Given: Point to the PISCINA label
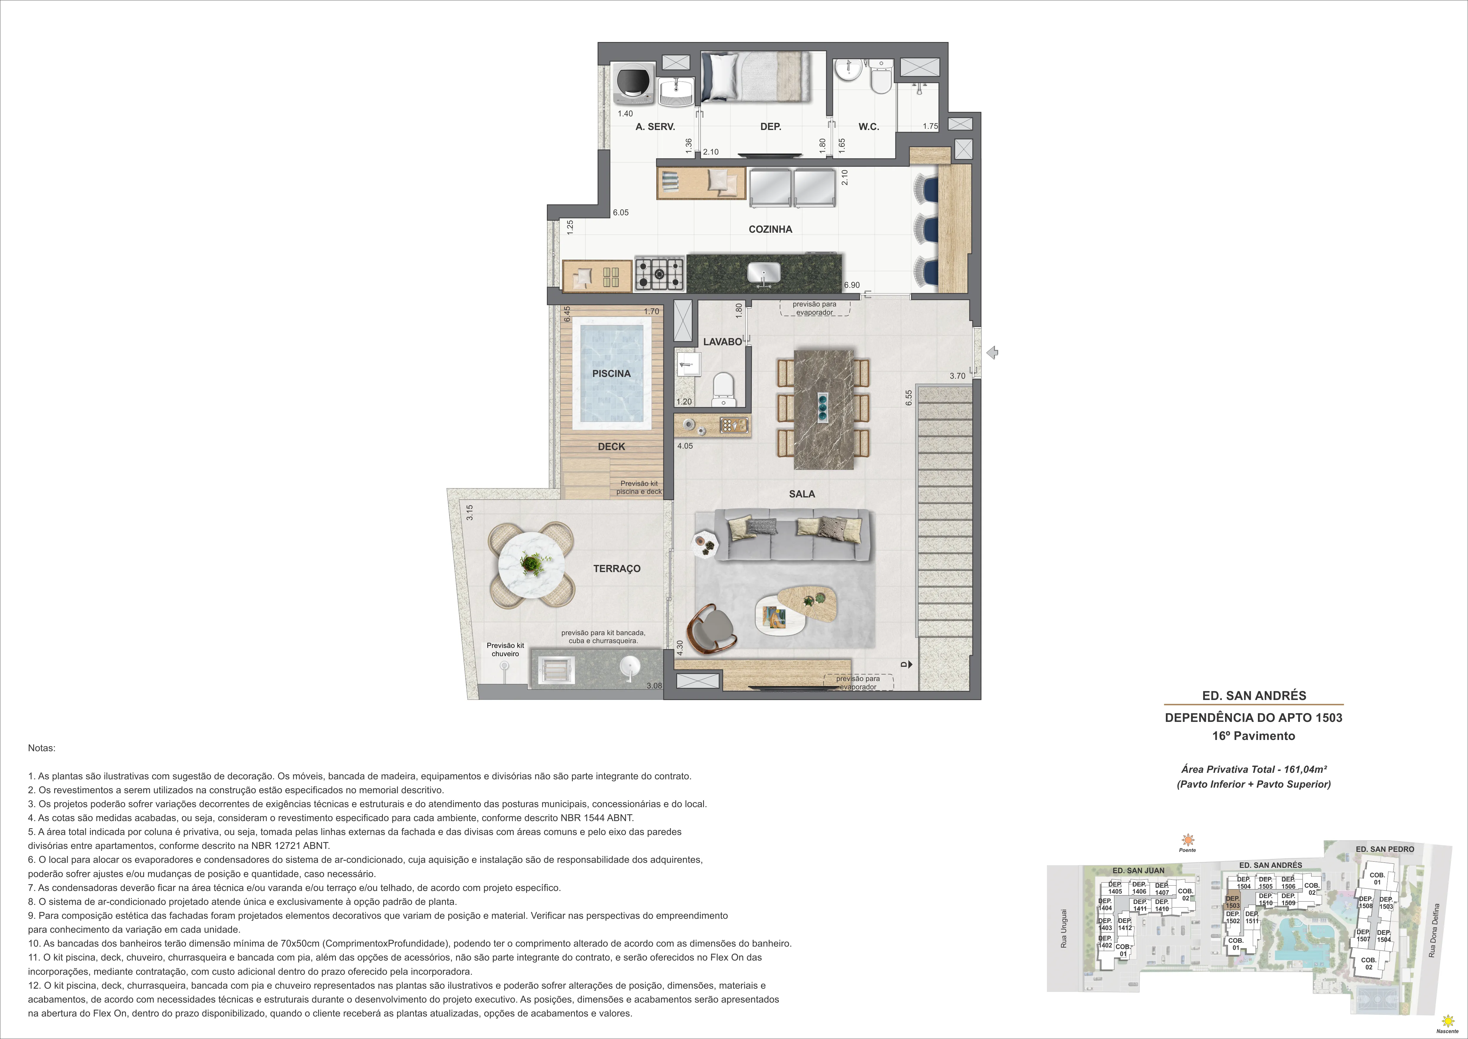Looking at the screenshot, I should pyautogui.click(x=611, y=374).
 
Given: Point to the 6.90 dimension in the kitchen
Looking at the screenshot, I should pyautogui.click(x=852, y=285).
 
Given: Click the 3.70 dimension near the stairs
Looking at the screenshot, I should pyautogui.click(x=957, y=376).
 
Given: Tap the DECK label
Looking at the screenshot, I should pyautogui.click(x=611, y=447).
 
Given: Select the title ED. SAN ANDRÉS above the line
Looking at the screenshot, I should pyautogui.click(x=1254, y=696).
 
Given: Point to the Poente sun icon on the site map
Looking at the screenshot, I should pyautogui.click(x=1187, y=840).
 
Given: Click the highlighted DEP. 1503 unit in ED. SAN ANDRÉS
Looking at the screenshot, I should pyautogui.click(x=1232, y=902).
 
